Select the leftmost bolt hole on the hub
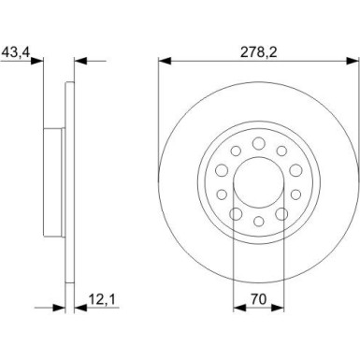(x=222, y=169)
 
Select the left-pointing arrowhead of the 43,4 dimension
(x=79, y=62)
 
